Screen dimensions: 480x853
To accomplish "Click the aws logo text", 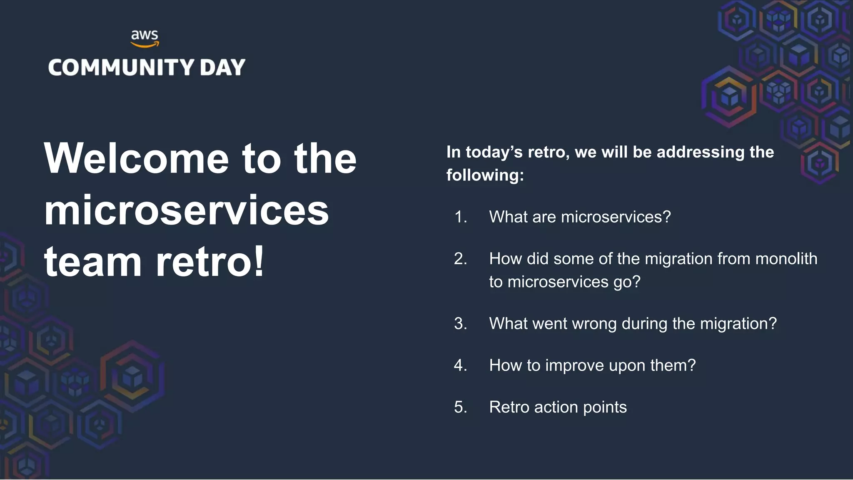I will tap(145, 35).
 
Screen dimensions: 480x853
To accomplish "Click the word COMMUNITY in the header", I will tap(121, 67).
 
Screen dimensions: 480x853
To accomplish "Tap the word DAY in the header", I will tap(222, 67).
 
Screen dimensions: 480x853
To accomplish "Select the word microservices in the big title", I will tap(187, 210).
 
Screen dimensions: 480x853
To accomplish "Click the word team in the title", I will tap(93, 262).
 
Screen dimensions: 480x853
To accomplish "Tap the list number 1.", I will tap(460, 217).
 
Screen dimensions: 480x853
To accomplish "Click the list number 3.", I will tap(460, 324).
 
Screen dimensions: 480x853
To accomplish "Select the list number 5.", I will tap(460, 407).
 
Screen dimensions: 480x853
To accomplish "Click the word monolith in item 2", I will tap(786, 259).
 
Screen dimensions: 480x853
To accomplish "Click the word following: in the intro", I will tap(485, 175).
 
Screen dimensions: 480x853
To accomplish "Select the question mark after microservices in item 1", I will tap(666, 217).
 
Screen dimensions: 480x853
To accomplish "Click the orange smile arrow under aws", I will tap(145, 44).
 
